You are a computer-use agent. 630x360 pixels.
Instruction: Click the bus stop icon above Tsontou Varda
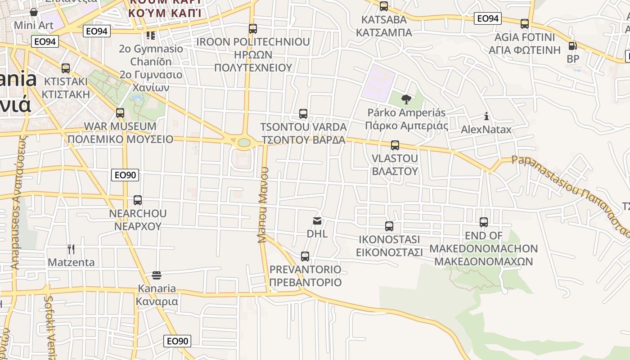303,114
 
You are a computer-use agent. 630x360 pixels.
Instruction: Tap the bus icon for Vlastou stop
395,145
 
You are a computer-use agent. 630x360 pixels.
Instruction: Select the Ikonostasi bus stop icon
389,226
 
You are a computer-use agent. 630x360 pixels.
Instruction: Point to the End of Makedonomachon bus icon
484,222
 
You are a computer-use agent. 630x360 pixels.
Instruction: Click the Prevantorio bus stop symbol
305,256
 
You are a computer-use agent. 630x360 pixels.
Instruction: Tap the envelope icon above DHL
317,221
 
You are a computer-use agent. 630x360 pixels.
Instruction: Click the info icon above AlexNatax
486,117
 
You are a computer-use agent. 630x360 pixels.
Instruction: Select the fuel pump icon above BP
572,46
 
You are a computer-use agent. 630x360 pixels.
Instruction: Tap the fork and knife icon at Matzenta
71,249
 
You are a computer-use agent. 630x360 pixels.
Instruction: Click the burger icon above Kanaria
157,275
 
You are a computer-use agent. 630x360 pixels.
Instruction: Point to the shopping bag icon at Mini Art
34,12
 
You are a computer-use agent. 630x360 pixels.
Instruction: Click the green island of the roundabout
244,143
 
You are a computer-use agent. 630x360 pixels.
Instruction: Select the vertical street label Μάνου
263,205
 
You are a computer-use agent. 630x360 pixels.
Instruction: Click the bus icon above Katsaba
384,6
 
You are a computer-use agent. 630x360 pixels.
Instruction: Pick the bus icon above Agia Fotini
525,24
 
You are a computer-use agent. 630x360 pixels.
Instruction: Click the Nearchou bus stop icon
138,200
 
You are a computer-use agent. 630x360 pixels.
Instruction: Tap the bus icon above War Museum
120,113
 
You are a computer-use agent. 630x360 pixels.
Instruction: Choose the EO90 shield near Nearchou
125,175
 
